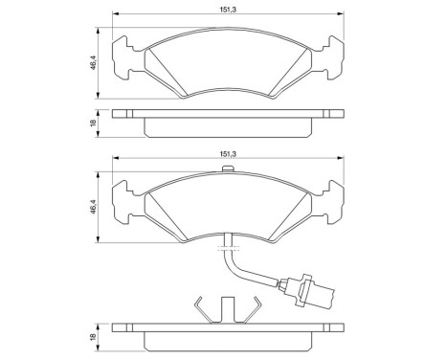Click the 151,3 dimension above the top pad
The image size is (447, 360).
pos(228,10)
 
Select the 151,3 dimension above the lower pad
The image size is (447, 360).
pos(228,150)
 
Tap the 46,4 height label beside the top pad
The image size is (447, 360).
pos(94,61)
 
